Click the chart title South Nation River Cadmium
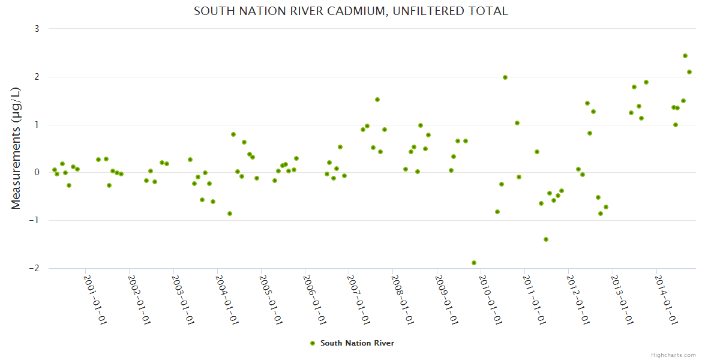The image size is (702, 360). tap(350, 11)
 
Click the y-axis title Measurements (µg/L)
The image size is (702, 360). tap(16, 148)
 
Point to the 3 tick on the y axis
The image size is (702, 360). tap(37, 29)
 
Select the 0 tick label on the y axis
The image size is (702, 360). tap(37, 173)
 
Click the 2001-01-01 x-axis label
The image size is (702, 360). tap(95, 299)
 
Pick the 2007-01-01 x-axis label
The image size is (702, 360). tap(359, 299)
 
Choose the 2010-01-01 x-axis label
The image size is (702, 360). tap(491, 299)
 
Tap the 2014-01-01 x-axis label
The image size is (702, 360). tap(667, 299)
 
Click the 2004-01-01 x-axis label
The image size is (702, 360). tap(227, 299)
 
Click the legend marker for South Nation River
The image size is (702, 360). tap(312, 343)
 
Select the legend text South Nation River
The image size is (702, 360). tap(357, 343)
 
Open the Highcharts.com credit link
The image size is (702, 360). tap(673, 355)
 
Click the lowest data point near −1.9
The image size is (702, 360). tap(474, 263)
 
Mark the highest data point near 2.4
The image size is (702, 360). tap(685, 56)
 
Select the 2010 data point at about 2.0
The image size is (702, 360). tap(505, 77)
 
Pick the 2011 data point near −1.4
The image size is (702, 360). tap(546, 239)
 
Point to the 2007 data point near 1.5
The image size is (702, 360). tap(377, 100)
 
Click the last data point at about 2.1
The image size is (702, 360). tap(689, 72)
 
